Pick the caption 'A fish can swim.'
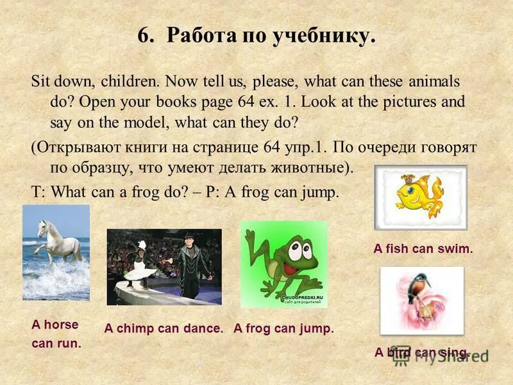(423, 249)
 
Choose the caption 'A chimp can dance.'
(164, 329)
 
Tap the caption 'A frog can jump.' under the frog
(284, 329)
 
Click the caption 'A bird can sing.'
(422, 352)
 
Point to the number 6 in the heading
(143, 36)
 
